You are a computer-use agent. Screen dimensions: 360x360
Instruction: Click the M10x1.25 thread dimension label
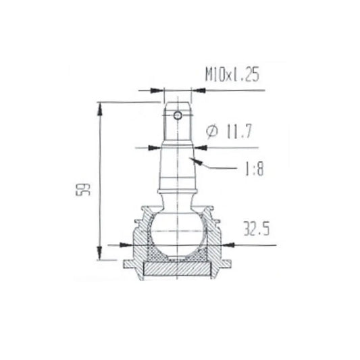[232, 74]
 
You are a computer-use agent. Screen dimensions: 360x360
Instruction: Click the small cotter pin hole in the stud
[178, 115]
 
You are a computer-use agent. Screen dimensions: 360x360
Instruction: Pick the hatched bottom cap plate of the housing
[178, 269]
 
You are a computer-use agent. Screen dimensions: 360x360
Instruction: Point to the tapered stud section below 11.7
[178, 169]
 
